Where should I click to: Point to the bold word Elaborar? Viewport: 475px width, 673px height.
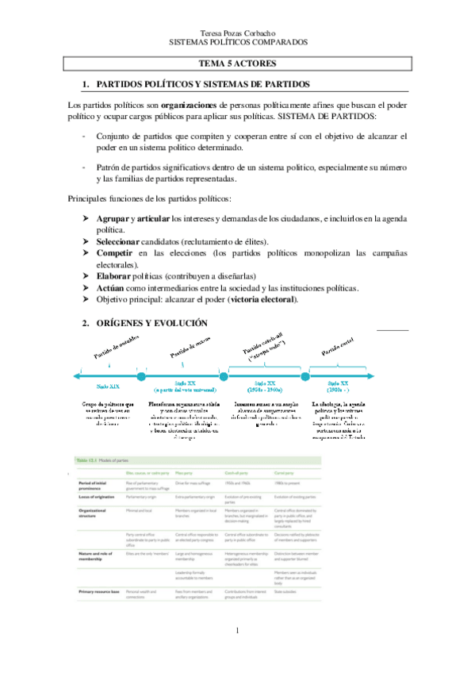point(118,275)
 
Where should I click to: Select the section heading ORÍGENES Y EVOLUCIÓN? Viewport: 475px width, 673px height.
point(151,323)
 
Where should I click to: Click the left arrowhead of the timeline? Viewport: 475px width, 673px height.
point(74,375)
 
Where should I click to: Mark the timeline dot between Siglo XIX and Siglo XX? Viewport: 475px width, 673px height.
point(141,375)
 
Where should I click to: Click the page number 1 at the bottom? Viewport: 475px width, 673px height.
point(237,653)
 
